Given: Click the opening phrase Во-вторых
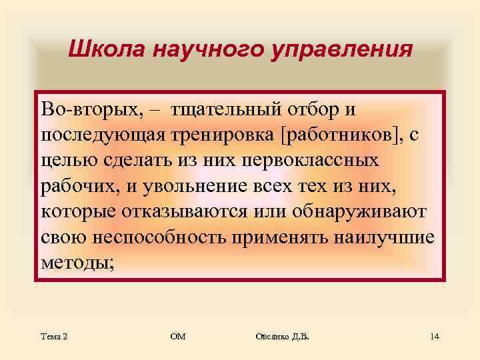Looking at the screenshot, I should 79,109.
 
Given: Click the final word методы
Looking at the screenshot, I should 77,263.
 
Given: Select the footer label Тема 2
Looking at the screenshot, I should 54,337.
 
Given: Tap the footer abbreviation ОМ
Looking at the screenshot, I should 178,337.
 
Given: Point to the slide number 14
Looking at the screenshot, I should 435,337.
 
